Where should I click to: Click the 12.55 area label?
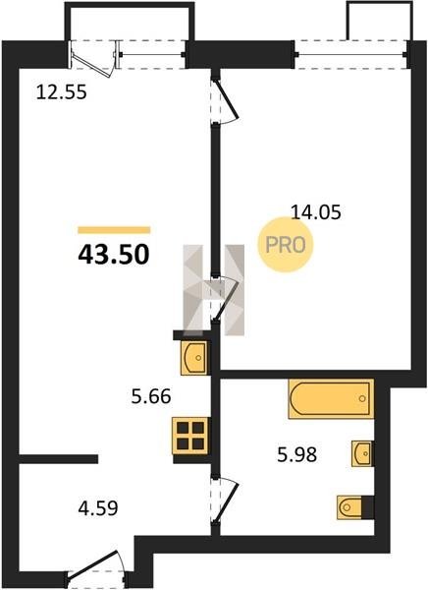[x=62, y=92]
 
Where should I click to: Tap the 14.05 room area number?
[x=316, y=212]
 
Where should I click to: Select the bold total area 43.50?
[x=114, y=255]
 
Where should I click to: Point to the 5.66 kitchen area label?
[x=151, y=396]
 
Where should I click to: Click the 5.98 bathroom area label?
[x=296, y=454]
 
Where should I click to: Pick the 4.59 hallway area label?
[x=98, y=508]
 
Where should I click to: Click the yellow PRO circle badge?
[x=286, y=245]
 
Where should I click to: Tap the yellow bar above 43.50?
[x=114, y=230]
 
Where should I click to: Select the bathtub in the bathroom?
[x=331, y=399]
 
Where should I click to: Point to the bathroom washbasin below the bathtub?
[x=362, y=453]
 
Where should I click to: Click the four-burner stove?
[x=190, y=436]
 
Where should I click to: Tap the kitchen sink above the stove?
[x=194, y=358]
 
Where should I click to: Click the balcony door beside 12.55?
[x=93, y=58]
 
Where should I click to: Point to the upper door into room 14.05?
[x=225, y=100]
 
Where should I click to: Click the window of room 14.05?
[x=351, y=55]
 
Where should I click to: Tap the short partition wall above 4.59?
[x=58, y=458]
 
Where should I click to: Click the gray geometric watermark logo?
[x=213, y=290]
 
